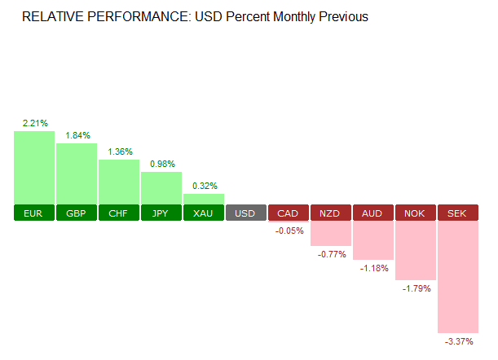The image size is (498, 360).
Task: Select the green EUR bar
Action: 34,168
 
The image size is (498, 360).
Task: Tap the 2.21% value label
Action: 34,124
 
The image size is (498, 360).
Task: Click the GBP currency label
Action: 77,213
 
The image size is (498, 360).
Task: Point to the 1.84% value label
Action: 77,135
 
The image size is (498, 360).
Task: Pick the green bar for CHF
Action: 119,182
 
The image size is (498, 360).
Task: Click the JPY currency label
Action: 161,213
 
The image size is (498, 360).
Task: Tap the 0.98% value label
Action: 161,164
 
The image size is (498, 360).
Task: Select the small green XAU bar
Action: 204,200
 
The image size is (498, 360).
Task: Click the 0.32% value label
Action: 204,185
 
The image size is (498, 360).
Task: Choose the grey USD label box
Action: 246,213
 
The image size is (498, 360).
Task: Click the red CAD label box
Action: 289,213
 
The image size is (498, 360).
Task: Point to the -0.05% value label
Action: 289,230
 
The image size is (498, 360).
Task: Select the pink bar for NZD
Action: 331,233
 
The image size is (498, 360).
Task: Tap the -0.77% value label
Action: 331,254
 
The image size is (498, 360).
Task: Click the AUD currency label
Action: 373,213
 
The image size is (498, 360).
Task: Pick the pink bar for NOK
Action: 416,250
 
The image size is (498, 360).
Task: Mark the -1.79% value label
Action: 416,288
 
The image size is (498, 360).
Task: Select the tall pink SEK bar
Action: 458,277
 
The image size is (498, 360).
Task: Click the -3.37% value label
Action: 458,341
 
